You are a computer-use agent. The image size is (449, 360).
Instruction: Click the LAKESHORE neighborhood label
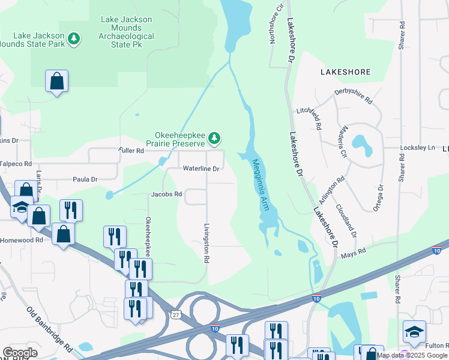346,71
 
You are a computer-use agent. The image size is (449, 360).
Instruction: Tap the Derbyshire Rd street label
353,98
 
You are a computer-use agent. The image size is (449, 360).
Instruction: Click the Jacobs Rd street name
166,194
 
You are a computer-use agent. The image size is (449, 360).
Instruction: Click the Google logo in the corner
20,353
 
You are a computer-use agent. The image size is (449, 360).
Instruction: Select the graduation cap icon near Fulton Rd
414,331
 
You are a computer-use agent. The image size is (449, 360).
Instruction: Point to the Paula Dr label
85,179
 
